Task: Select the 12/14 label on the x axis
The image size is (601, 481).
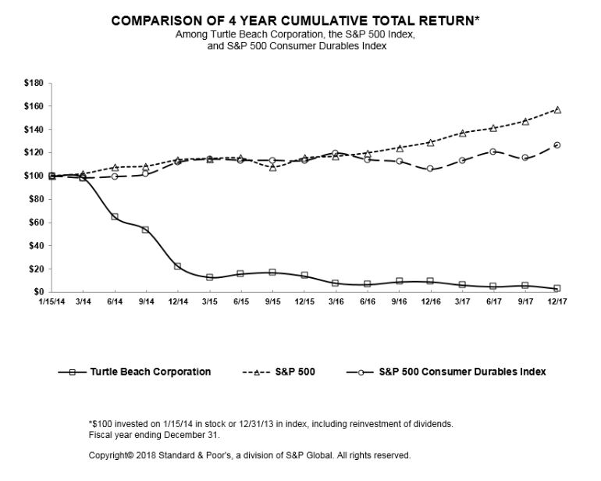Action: tap(178, 301)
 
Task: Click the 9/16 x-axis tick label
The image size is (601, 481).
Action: tap(400, 301)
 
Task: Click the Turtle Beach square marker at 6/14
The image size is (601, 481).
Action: tap(115, 216)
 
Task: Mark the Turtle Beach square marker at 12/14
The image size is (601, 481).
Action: tap(178, 266)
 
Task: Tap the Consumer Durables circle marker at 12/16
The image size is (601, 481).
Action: tap(430, 169)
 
